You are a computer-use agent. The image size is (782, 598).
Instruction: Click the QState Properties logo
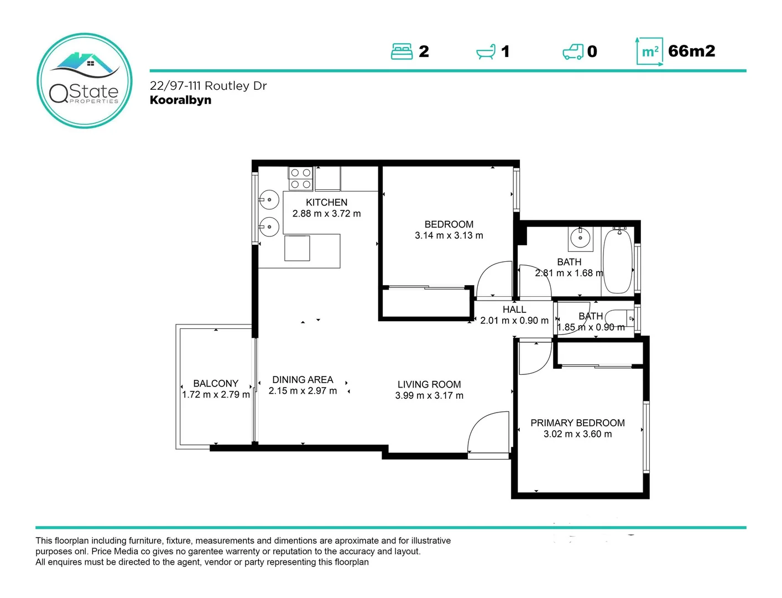[85, 81]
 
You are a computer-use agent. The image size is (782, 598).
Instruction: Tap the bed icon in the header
[402, 51]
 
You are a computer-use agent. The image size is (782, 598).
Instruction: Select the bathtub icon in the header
[486, 52]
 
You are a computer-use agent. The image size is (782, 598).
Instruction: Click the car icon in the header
[573, 51]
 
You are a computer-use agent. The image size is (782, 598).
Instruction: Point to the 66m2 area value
[691, 51]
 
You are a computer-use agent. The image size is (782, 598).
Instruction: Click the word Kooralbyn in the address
[180, 100]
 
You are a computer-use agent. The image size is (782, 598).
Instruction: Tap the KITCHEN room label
[326, 203]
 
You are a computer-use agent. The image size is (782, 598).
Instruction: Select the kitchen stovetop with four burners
[300, 178]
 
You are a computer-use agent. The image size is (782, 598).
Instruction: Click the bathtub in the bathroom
[617, 260]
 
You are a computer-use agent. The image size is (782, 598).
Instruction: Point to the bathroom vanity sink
[580, 239]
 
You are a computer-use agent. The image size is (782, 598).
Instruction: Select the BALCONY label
[216, 383]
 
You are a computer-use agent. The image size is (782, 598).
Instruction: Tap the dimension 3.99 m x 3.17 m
[429, 395]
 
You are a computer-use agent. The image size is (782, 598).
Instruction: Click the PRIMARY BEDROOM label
[577, 423]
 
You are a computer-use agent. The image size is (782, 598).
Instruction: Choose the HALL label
[514, 310]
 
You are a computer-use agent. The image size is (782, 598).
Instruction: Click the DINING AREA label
[303, 380]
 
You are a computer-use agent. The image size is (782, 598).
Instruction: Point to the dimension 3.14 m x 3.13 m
[449, 235]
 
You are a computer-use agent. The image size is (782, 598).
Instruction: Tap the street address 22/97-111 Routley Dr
[208, 86]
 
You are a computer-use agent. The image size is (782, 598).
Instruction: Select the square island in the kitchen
[297, 248]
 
